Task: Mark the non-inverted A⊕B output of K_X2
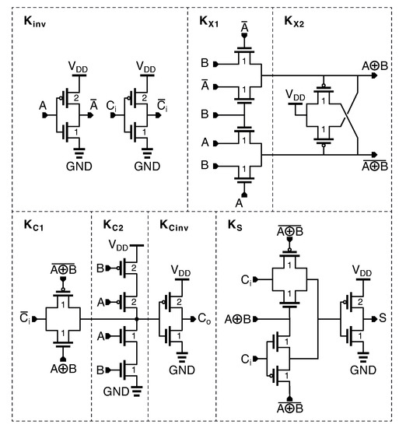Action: pyautogui.click(x=377, y=65)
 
